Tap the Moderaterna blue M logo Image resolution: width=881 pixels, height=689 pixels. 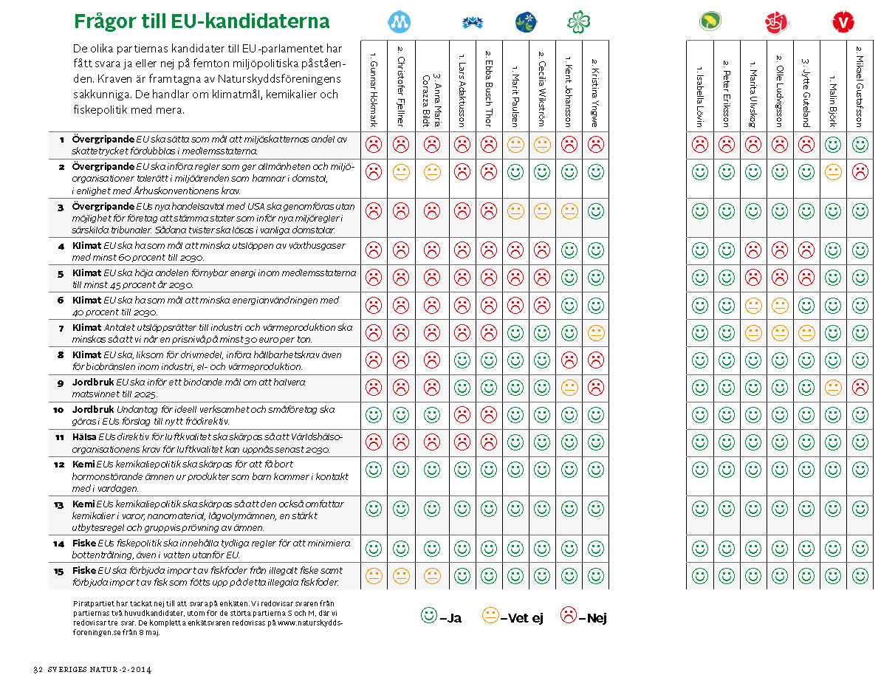pos(400,21)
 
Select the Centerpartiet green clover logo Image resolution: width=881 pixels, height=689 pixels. pos(578,22)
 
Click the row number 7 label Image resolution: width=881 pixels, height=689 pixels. pos(61,327)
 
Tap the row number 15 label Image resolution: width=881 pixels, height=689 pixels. pos(58,570)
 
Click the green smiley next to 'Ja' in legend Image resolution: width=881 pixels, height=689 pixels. pos(428,615)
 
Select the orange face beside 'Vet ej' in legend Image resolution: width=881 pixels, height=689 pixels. pos(490,615)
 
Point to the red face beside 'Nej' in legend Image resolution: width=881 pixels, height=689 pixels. pos(569,615)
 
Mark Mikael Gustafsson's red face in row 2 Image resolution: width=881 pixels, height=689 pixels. pos(860,173)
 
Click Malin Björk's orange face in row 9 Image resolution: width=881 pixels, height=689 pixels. pos(833,386)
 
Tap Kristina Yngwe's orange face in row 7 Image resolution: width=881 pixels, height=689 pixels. pos(595,333)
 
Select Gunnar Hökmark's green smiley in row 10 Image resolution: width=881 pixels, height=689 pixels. pos(374,414)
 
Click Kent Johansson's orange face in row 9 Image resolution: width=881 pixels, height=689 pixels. pos(569,386)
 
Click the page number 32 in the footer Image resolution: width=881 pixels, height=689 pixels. pos(39,670)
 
